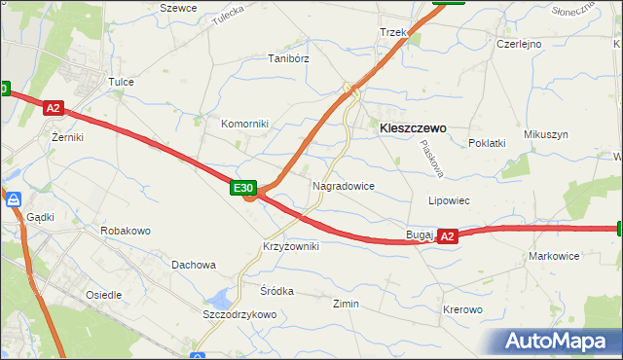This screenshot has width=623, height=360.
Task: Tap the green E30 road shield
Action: click(x=243, y=188)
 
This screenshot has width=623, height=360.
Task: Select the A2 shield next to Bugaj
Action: click(x=447, y=235)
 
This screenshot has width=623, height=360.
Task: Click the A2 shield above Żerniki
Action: click(x=54, y=110)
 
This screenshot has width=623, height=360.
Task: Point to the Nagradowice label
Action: click(x=343, y=185)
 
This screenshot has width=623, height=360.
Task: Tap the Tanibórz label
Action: click(x=288, y=58)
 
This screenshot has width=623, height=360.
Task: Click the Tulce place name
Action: click(x=121, y=82)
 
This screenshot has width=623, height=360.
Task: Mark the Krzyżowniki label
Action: click(x=290, y=246)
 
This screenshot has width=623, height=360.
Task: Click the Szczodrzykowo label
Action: click(x=239, y=314)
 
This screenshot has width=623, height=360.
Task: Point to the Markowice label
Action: click(x=554, y=256)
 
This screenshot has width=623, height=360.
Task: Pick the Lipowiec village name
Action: click(x=450, y=200)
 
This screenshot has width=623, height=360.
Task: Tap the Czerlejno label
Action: click(x=519, y=44)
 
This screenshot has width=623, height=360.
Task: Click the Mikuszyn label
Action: click(x=545, y=134)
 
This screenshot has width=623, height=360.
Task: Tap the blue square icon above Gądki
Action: click(x=14, y=198)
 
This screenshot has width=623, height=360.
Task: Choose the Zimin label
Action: click(x=346, y=304)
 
